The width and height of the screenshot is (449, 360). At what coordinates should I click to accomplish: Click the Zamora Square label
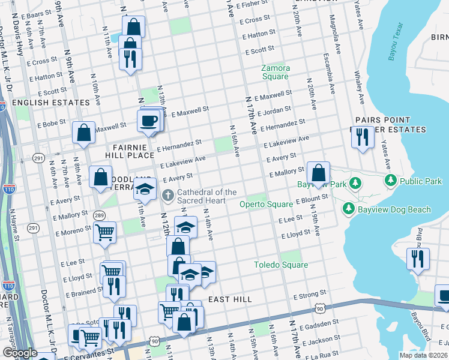pos(276,72)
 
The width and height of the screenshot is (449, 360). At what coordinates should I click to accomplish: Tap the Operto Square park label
pos(266,204)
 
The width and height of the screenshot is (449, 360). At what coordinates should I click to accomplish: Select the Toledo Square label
pos(280,265)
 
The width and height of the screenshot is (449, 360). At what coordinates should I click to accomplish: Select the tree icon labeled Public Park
pos(391,180)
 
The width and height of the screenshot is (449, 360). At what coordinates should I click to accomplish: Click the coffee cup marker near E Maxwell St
pos(148,121)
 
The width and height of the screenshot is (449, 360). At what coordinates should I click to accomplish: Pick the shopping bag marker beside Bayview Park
pos(319,172)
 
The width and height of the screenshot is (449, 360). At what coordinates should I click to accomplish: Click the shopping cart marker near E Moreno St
pos(104,232)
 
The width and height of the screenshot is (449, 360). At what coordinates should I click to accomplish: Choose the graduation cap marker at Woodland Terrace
pos(144,190)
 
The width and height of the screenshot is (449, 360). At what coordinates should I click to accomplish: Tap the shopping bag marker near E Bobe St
pos(83,132)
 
